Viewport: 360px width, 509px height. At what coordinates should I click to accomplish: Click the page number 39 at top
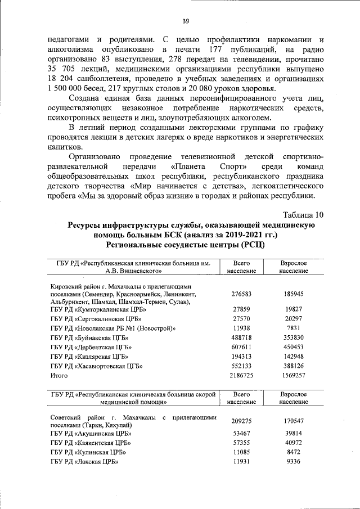coord(185,21)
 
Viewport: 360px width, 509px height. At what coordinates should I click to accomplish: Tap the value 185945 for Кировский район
coord(294,294)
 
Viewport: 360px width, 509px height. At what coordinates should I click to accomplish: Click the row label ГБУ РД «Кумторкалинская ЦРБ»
coord(98,309)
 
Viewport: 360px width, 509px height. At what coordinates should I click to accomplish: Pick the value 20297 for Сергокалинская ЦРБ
coord(294,318)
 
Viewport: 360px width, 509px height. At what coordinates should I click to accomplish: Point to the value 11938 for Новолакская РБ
coord(241,328)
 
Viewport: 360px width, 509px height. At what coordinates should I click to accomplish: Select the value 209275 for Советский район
coord(241,421)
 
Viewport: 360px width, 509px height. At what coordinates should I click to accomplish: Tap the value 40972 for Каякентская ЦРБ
coord(294,443)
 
